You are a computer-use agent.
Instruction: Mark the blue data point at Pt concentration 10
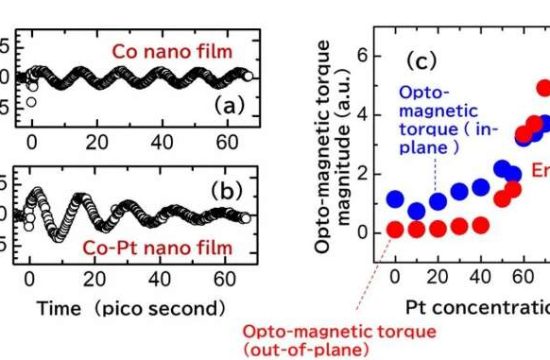click(x=416, y=211)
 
